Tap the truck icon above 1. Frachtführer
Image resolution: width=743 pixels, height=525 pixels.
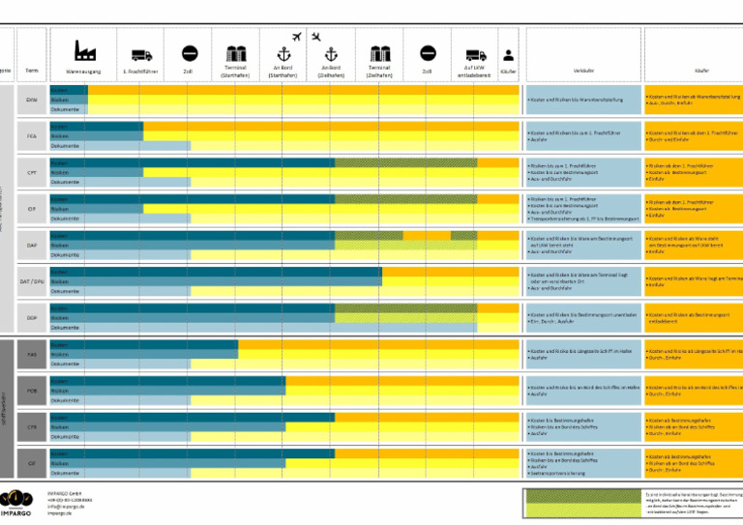(141, 55)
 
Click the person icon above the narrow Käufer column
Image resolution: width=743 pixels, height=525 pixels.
(508, 55)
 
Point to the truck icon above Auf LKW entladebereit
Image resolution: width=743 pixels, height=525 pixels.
(475, 55)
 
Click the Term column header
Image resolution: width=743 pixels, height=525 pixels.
(32, 71)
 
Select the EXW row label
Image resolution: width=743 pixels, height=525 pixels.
(32, 100)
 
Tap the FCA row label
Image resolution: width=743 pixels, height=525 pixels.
(32, 136)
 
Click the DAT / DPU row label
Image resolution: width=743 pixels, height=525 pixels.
(32, 281)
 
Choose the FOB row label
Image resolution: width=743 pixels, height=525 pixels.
(32, 392)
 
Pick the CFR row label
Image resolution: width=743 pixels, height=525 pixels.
(32, 427)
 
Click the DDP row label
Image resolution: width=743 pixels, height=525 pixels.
(32, 318)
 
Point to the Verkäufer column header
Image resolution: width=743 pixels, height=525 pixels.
(583, 71)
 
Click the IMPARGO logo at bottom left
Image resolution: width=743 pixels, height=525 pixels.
(21, 503)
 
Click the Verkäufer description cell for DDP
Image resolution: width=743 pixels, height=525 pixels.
(582, 318)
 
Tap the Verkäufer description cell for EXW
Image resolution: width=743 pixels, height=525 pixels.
(582, 100)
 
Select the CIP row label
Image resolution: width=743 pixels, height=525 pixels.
(32, 209)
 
